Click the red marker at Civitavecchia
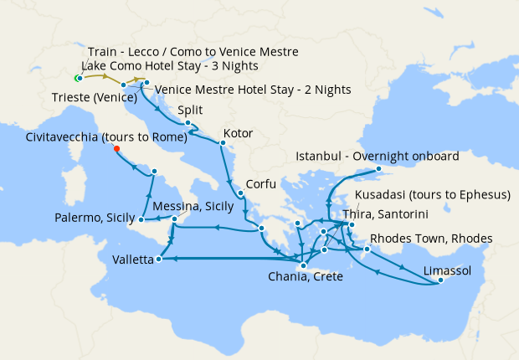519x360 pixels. [x=116, y=150]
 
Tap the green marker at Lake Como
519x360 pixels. [x=77, y=79]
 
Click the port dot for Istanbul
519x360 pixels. [x=378, y=169]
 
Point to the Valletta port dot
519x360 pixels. [x=157, y=260]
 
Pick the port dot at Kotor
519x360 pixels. [x=222, y=143]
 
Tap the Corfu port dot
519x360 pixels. [x=241, y=194]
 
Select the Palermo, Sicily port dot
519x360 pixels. [x=141, y=219]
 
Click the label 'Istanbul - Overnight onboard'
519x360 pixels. [x=378, y=157]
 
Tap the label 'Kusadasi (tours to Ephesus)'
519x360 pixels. [x=433, y=195]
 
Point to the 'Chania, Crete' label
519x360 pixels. [x=305, y=277]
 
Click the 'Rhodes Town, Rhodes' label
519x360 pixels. [x=431, y=239]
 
